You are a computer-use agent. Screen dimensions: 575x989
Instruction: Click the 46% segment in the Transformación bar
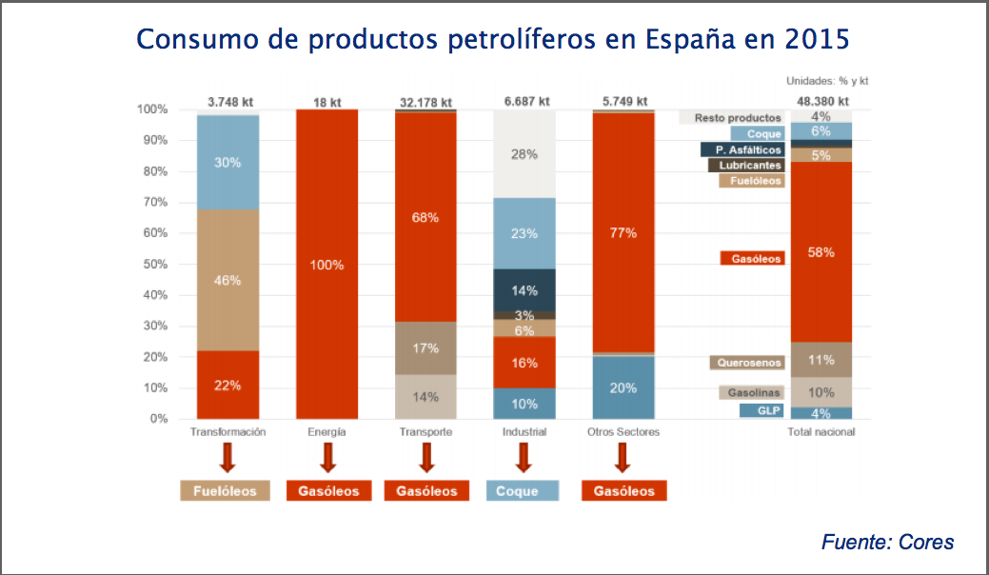click(x=227, y=280)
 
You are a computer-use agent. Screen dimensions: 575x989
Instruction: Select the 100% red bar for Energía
click(x=326, y=264)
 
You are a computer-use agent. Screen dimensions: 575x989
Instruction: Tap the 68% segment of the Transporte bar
click(x=425, y=217)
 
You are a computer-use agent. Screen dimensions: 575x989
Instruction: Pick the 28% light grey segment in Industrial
click(x=524, y=154)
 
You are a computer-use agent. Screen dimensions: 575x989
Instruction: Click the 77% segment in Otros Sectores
click(x=623, y=231)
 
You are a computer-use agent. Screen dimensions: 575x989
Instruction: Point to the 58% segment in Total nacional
click(x=821, y=252)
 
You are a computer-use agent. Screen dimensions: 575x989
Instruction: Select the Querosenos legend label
click(x=747, y=363)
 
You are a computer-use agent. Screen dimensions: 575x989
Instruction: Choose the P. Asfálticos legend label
click(x=742, y=149)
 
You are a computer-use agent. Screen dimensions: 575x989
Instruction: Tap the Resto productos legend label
click(x=732, y=118)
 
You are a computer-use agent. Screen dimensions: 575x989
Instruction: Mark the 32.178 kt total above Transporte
click(x=425, y=102)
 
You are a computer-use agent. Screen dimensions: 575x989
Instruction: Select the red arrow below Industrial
click(x=524, y=459)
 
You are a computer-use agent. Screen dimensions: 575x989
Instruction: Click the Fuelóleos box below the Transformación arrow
click(x=226, y=491)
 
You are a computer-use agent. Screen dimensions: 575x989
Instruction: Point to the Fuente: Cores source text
click(x=886, y=543)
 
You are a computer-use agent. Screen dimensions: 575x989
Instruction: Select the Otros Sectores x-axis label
click(x=623, y=432)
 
